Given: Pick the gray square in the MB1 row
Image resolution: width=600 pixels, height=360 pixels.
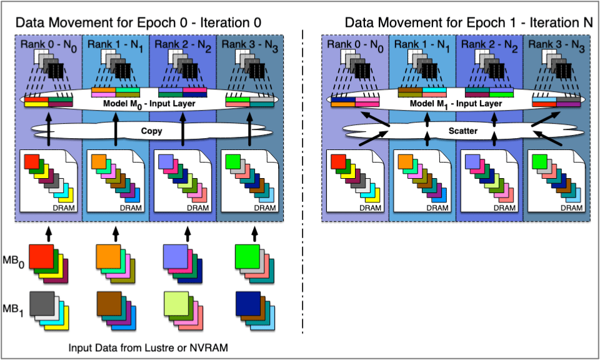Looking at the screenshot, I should [41, 302].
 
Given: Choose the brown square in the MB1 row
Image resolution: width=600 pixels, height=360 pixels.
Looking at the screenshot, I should [109, 302].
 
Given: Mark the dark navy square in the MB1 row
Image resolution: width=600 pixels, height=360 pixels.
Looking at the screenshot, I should [247, 302].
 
